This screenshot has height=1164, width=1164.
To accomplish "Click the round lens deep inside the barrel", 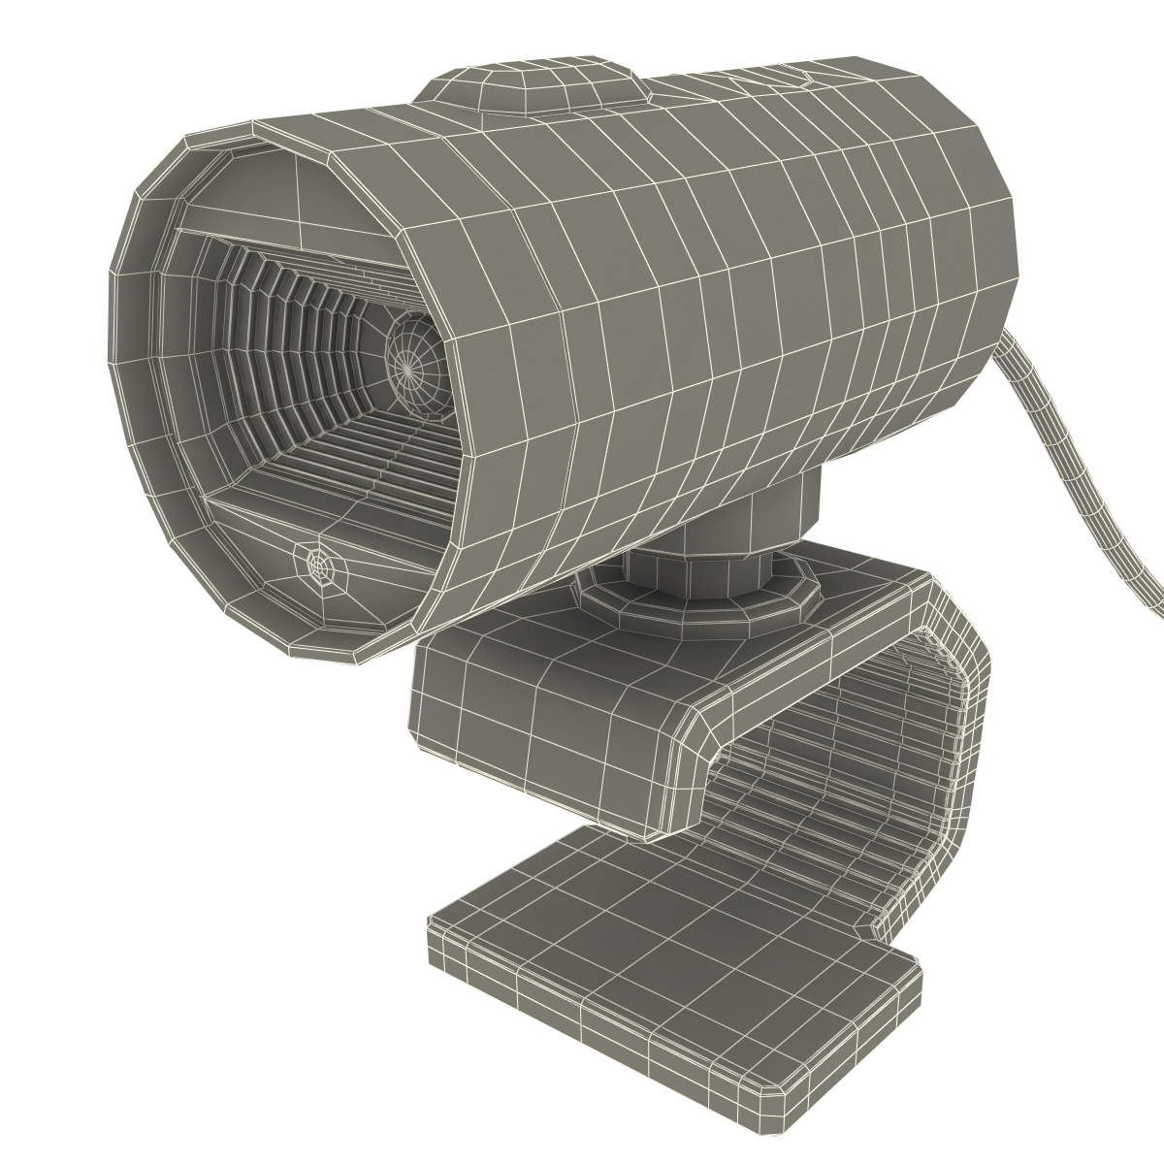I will [411, 364].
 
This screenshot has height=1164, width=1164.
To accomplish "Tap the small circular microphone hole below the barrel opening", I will [318, 562].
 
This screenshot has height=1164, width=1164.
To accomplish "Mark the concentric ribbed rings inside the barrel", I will [291, 320].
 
